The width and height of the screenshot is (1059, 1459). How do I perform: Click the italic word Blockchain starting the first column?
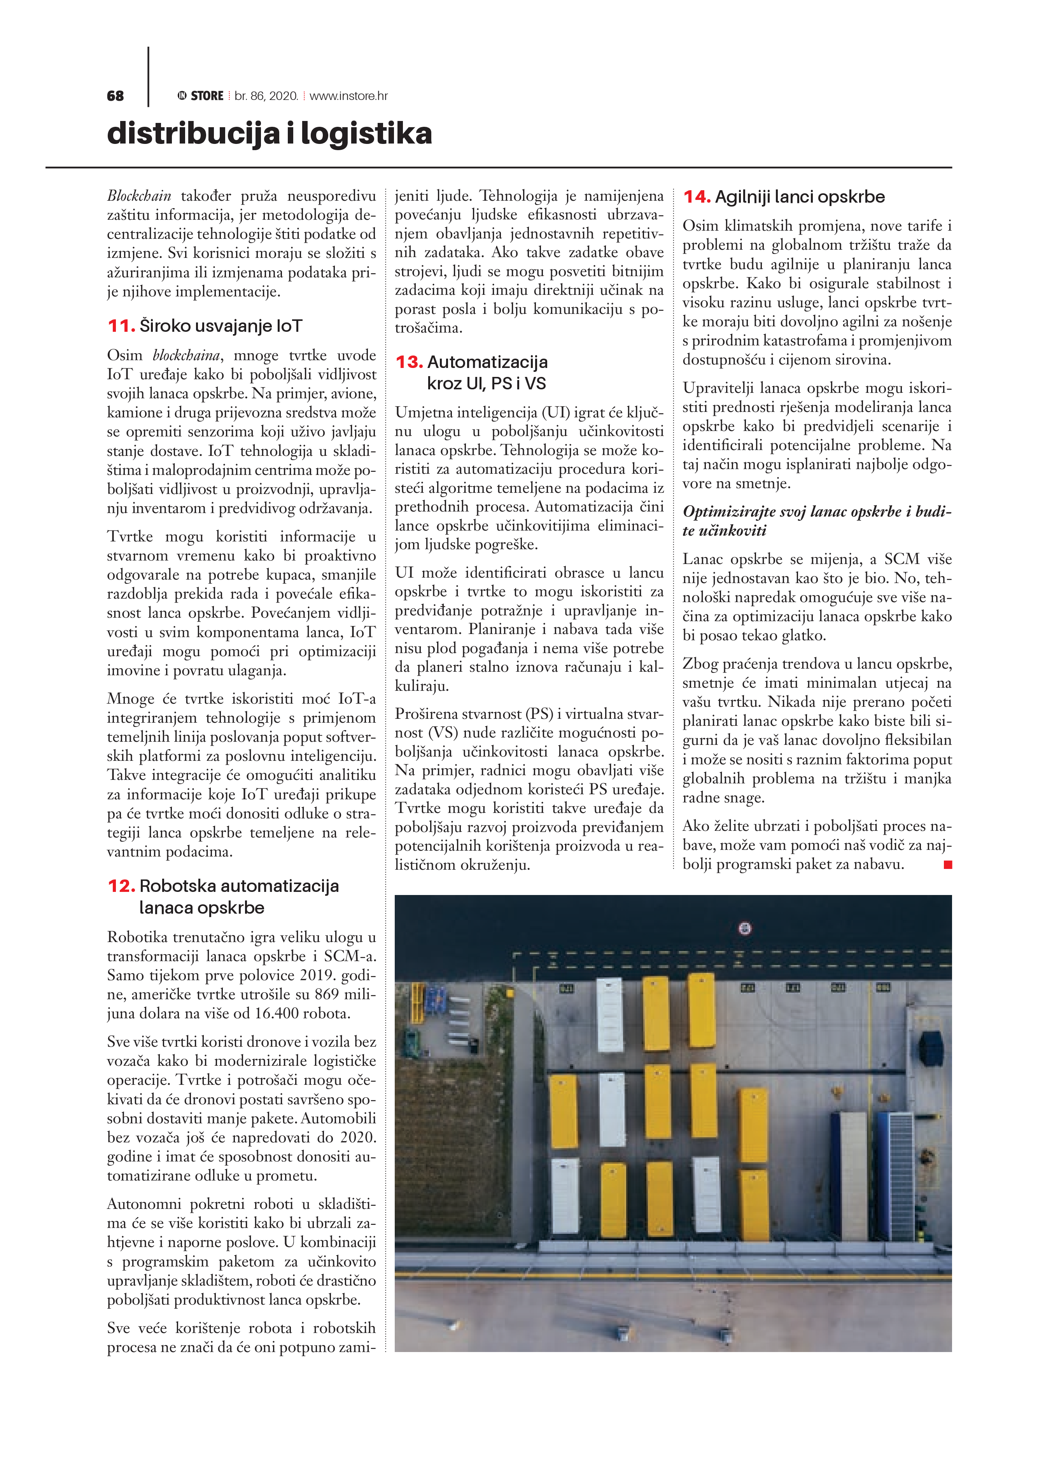pos(139,196)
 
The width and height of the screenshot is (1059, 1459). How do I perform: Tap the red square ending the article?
pos(947,865)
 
